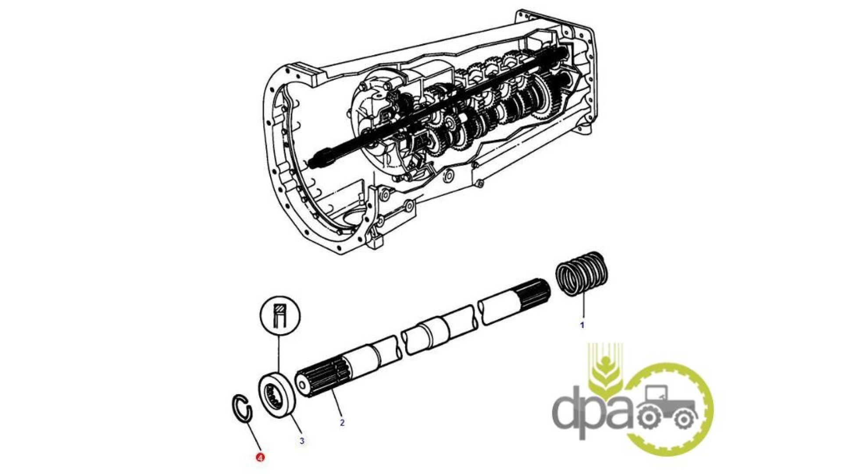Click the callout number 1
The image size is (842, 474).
(582, 325)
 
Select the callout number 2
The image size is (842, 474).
(342, 423)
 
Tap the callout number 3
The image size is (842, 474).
(302, 441)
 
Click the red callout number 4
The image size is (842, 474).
(260, 457)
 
